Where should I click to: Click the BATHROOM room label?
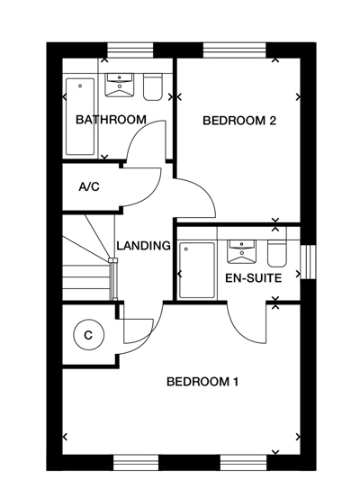[x=111, y=120]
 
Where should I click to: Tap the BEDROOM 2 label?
[x=239, y=121]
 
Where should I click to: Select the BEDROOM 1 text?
[x=202, y=382]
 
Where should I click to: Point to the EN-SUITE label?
[x=253, y=278]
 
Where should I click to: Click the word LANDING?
[x=143, y=246]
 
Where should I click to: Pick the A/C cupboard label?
[x=89, y=186]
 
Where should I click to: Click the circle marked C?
[x=88, y=335]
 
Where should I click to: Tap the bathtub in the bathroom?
[x=80, y=117]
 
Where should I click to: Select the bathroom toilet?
[x=153, y=86]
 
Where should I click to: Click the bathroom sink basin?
[x=120, y=85]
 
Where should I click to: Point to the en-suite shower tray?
[x=197, y=270]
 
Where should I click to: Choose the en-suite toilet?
[x=277, y=253]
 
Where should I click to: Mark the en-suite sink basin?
[x=241, y=251]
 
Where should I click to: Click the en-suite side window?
[x=309, y=262]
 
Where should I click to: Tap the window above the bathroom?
[x=130, y=50]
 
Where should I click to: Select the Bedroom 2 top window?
[x=235, y=50]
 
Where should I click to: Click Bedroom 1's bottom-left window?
[x=136, y=463]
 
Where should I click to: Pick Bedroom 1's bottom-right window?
[x=244, y=463]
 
